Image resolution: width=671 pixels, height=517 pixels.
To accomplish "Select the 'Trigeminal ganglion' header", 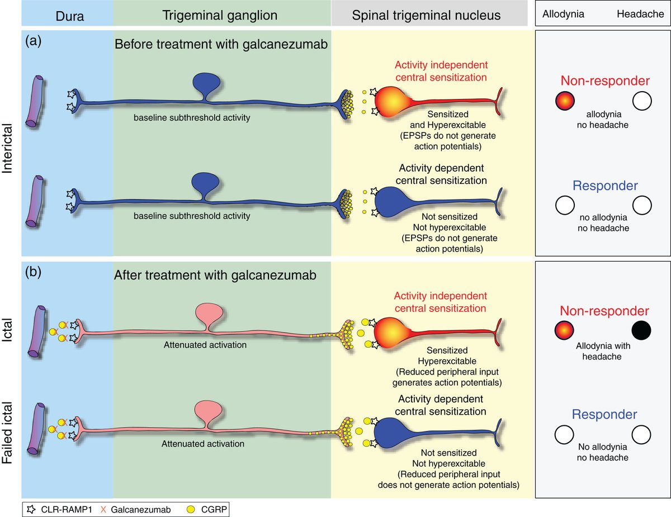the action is point(220,16).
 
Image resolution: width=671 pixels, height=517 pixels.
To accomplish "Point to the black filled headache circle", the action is point(642,331).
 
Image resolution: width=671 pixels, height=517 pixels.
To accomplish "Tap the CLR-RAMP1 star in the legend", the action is point(32,509).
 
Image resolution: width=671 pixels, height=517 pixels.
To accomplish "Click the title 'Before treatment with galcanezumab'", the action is point(220,44).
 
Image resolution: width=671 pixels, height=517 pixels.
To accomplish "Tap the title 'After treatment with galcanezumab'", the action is point(214,275).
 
